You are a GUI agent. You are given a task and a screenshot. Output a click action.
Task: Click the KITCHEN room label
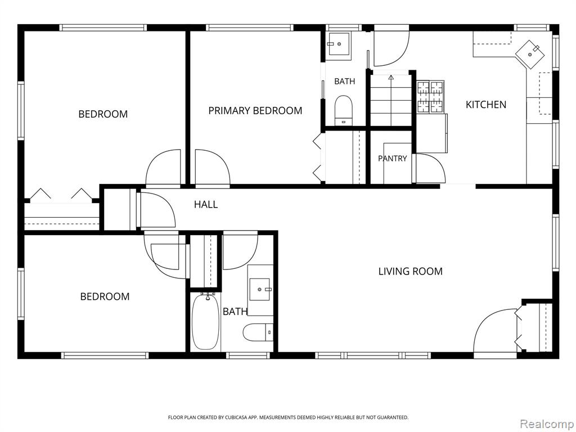pos(485,105)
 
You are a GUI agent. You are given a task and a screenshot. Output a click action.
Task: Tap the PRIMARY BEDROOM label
pos(255,111)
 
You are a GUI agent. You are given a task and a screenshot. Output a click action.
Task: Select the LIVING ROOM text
pos(410,272)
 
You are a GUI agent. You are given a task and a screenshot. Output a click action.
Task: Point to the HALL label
pos(206,204)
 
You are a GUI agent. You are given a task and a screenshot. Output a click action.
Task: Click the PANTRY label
pos(392,158)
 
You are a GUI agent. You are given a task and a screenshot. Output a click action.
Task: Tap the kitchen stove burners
pos(430,97)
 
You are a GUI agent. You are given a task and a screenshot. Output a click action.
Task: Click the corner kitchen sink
pos(530,55)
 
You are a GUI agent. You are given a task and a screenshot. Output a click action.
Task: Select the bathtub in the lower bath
pos(205,322)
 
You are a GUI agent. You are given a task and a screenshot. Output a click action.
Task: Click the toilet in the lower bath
pos(258,332)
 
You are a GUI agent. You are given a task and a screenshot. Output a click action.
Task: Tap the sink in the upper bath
pos(339,44)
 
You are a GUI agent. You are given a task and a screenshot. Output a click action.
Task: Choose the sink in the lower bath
pos(260,290)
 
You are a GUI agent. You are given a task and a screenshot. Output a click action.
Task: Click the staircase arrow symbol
pos(391,77)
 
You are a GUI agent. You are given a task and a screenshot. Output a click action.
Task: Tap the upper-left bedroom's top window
pos(103,28)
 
